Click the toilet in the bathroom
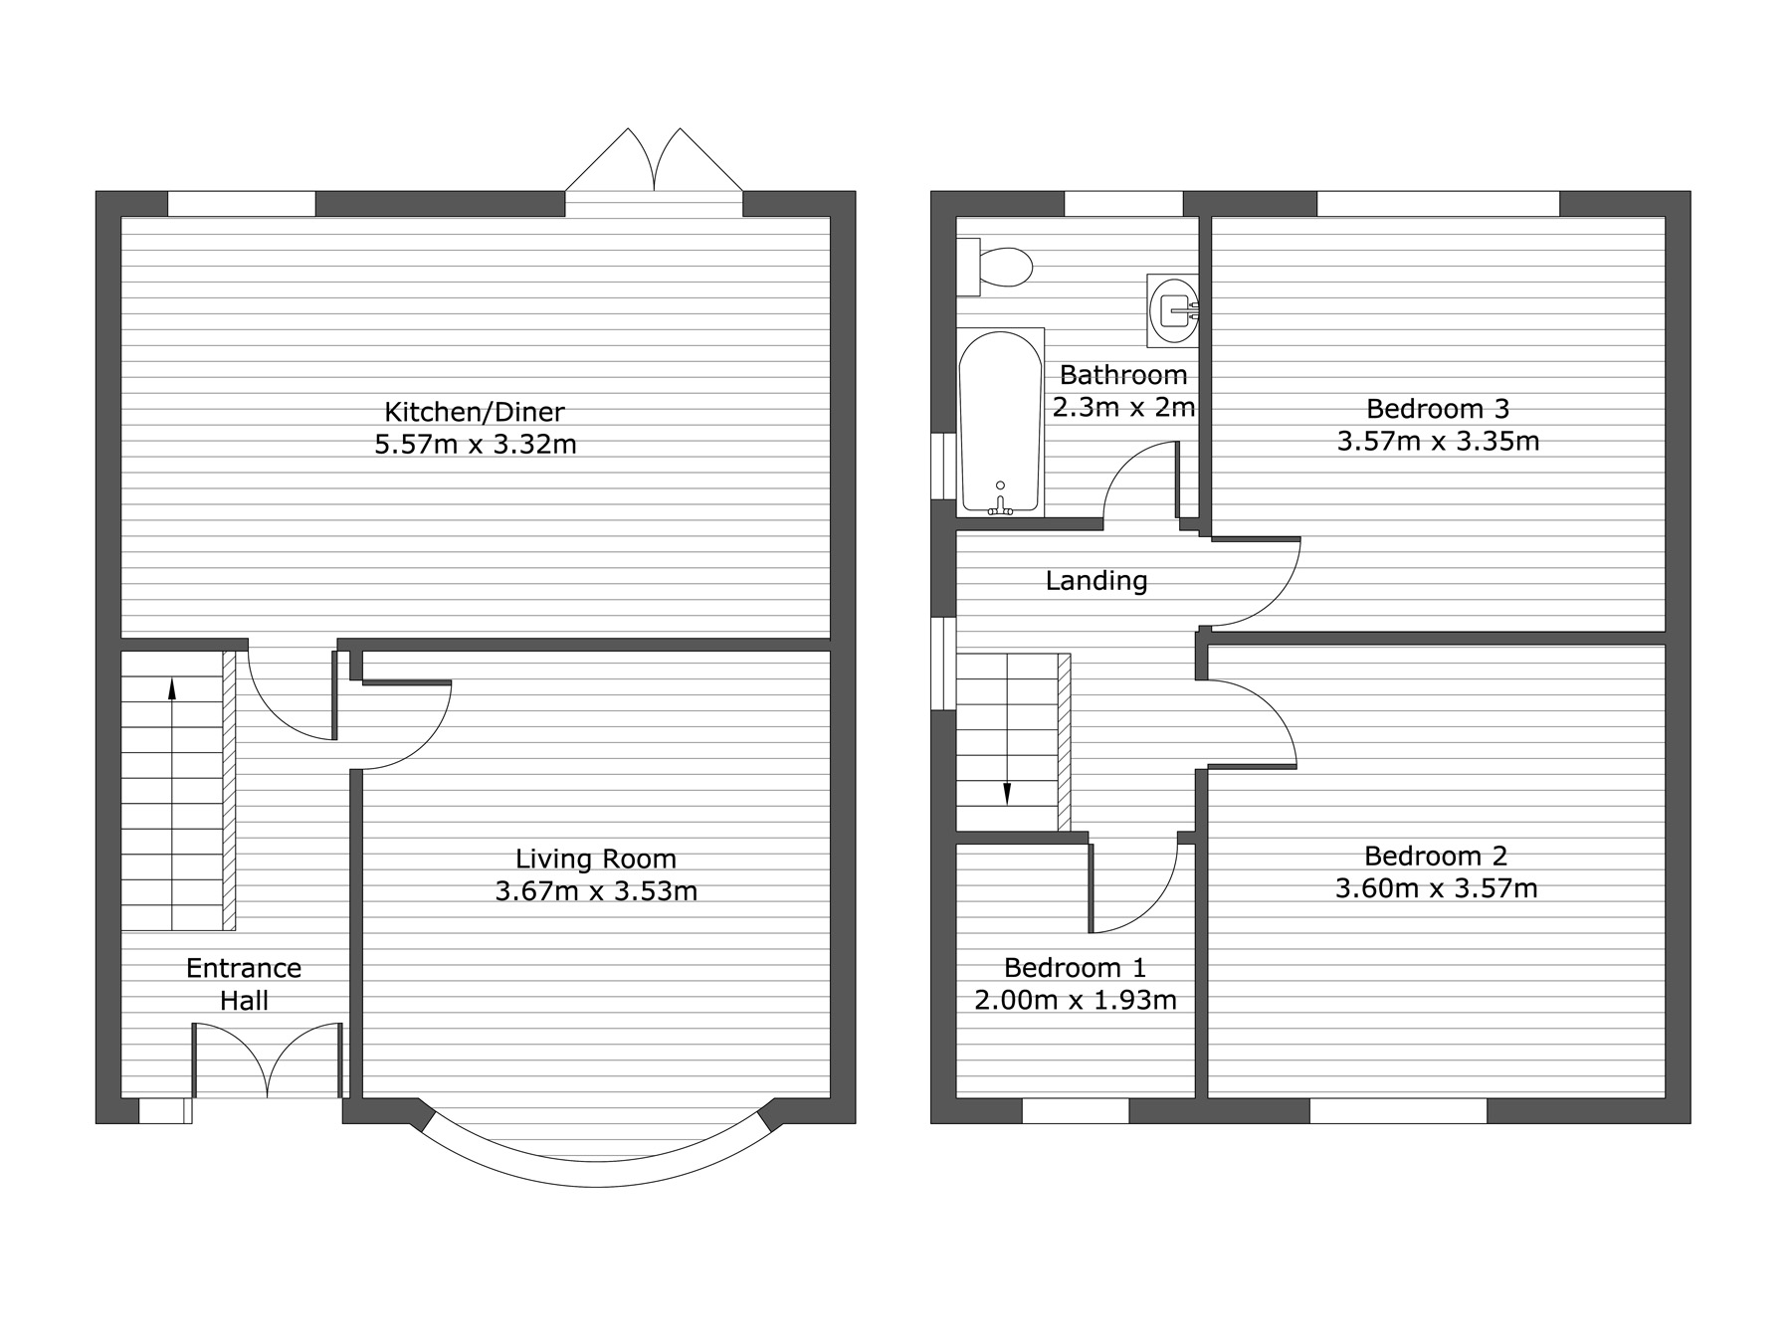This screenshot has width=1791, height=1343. [994, 267]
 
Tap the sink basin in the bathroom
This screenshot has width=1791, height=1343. [1174, 309]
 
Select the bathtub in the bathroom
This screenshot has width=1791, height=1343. [1000, 423]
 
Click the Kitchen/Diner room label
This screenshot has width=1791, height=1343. [475, 411]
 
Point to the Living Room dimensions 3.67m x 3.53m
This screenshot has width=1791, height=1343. [596, 890]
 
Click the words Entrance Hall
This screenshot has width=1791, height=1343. [244, 984]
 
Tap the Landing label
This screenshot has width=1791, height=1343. [1096, 581]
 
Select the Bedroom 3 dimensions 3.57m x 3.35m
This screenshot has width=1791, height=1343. [1438, 441]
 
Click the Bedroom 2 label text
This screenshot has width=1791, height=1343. [1436, 856]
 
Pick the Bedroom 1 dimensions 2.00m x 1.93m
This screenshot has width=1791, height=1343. [1076, 1000]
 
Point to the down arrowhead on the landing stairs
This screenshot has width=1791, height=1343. [1007, 793]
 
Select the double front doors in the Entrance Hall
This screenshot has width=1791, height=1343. [269, 1060]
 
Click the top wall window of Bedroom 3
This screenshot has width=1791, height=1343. [1438, 204]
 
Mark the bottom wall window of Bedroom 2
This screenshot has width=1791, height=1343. [1398, 1110]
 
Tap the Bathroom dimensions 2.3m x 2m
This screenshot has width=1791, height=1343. [1123, 407]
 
